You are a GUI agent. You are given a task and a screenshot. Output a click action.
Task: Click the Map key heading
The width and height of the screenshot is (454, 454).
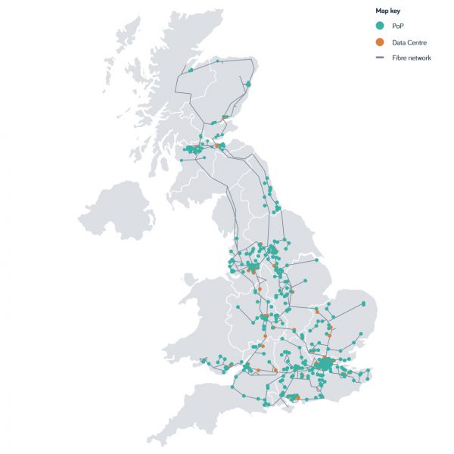[x=390, y=11]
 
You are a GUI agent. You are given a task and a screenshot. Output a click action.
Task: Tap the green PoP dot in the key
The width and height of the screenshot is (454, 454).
[x=380, y=26]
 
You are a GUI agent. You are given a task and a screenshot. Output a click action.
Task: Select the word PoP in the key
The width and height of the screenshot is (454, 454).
[x=397, y=26]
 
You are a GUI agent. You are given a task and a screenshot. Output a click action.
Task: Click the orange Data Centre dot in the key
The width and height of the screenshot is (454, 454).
[x=380, y=42]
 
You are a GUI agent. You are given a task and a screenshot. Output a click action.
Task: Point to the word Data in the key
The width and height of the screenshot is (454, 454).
[x=399, y=42]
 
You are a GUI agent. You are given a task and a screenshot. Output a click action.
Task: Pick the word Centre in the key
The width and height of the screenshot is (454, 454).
[x=418, y=42]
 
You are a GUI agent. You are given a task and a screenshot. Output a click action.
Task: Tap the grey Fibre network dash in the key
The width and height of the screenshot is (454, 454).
[x=380, y=58]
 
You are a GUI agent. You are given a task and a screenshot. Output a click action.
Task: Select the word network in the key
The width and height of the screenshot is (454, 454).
[x=420, y=58]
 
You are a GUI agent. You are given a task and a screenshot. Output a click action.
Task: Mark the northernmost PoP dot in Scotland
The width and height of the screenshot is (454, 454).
[x=217, y=60]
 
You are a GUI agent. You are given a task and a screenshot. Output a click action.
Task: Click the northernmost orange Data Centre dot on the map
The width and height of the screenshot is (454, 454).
[x=217, y=145]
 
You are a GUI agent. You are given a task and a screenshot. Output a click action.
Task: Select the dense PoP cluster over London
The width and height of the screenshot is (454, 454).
[x=323, y=365]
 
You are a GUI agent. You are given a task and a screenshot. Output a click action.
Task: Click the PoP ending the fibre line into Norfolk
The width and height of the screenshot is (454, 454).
[x=363, y=303]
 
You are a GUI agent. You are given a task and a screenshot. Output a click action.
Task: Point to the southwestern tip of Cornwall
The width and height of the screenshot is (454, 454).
[x=151, y=440]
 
